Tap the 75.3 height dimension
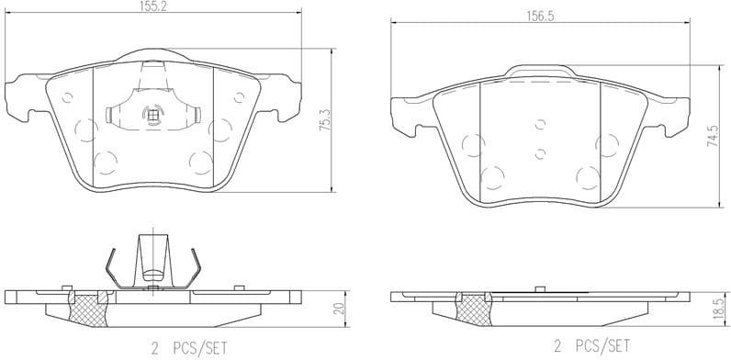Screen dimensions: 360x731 pos(323,121)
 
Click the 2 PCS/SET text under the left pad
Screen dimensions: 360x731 pos(187,347)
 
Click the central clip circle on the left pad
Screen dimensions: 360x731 pos(152,115)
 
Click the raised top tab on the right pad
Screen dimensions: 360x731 pos(540,71)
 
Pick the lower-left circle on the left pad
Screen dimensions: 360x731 pos(105,163)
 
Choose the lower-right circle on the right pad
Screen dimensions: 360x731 pos(587,177)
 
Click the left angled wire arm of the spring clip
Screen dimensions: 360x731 pos(111,267)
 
